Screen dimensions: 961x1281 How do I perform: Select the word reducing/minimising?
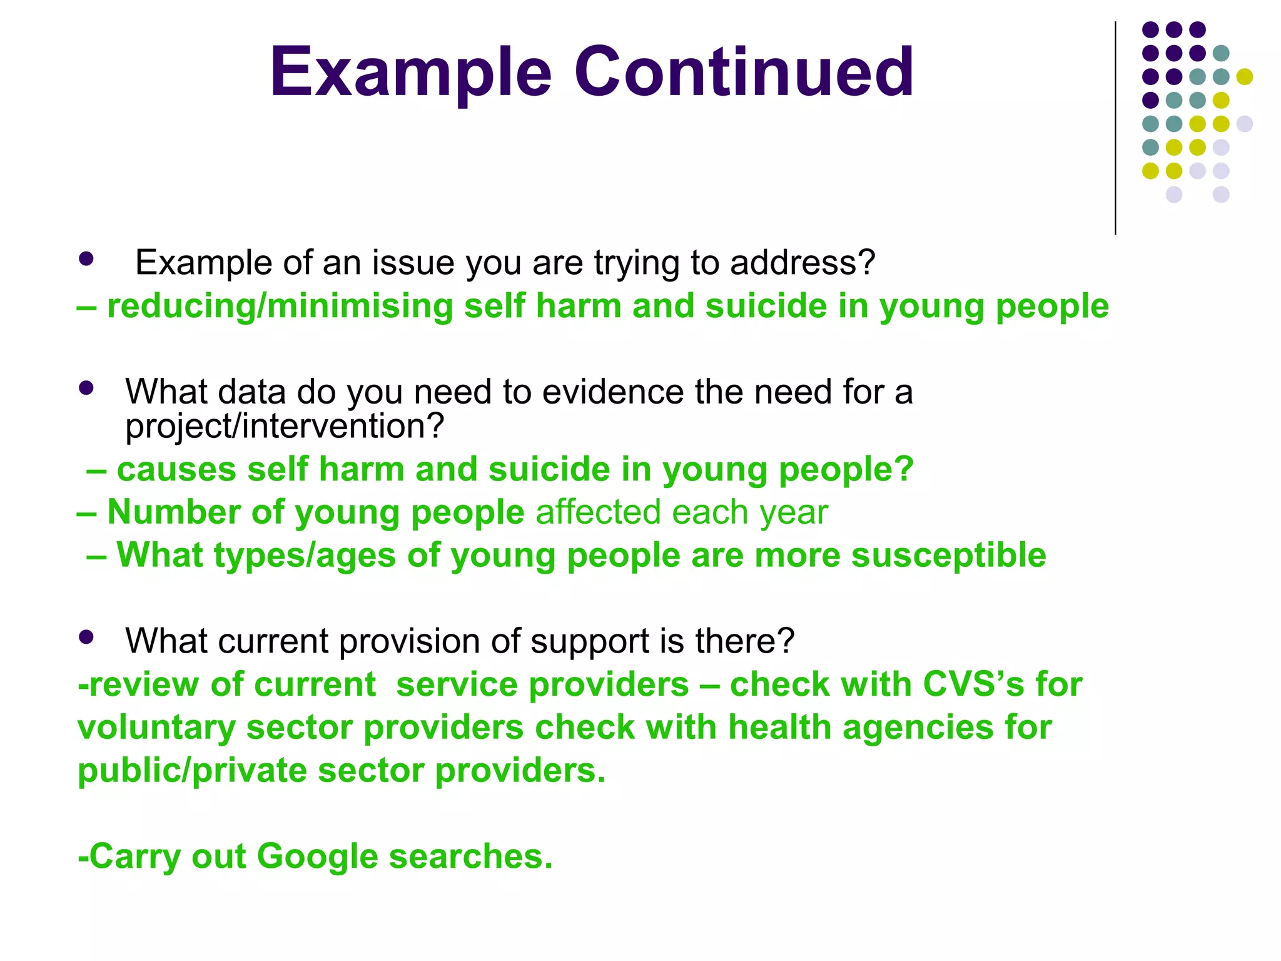click(x=280, y=307)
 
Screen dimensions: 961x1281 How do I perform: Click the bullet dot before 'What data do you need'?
click(x=86, y=389)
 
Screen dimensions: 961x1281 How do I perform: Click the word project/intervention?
click(x=285, y=427)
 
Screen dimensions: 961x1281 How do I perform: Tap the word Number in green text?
click(x=173, y=512)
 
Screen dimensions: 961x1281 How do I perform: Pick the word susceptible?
click(x=948, y=556)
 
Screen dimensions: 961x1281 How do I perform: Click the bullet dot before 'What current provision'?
click(x=86, y=638)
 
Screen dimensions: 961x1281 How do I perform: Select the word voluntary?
click(x=156, y=728)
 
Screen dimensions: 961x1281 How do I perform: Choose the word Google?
click(x=317, y=857)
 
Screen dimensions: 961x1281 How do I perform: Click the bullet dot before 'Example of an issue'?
click(x=86, y=259)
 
